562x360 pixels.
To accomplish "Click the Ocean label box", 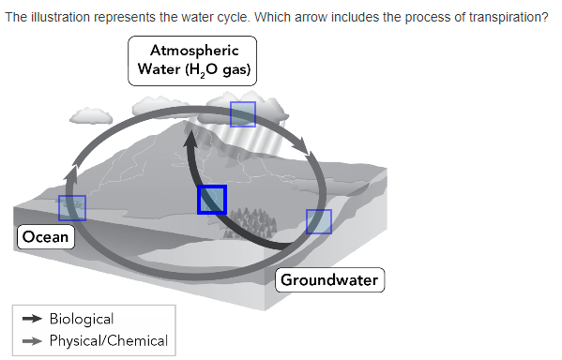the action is pos(46,236).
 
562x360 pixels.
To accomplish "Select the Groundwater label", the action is pos(329,279).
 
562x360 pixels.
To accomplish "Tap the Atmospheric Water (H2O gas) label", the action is pos(193,61).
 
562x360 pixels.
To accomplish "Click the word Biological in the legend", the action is pos(82,320).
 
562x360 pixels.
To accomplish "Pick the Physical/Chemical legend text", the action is pos(109,340).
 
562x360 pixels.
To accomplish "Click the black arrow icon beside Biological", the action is pos(32,320).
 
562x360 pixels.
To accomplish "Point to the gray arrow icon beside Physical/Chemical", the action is pos(32,340).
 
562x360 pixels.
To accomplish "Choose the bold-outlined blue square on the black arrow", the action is pos(212,200).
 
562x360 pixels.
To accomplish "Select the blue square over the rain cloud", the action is pos(243,113).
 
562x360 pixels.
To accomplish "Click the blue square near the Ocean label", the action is pos(72,208).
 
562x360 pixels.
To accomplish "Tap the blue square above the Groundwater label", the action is pos(319,222).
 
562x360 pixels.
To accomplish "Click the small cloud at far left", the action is pos(91,115).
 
